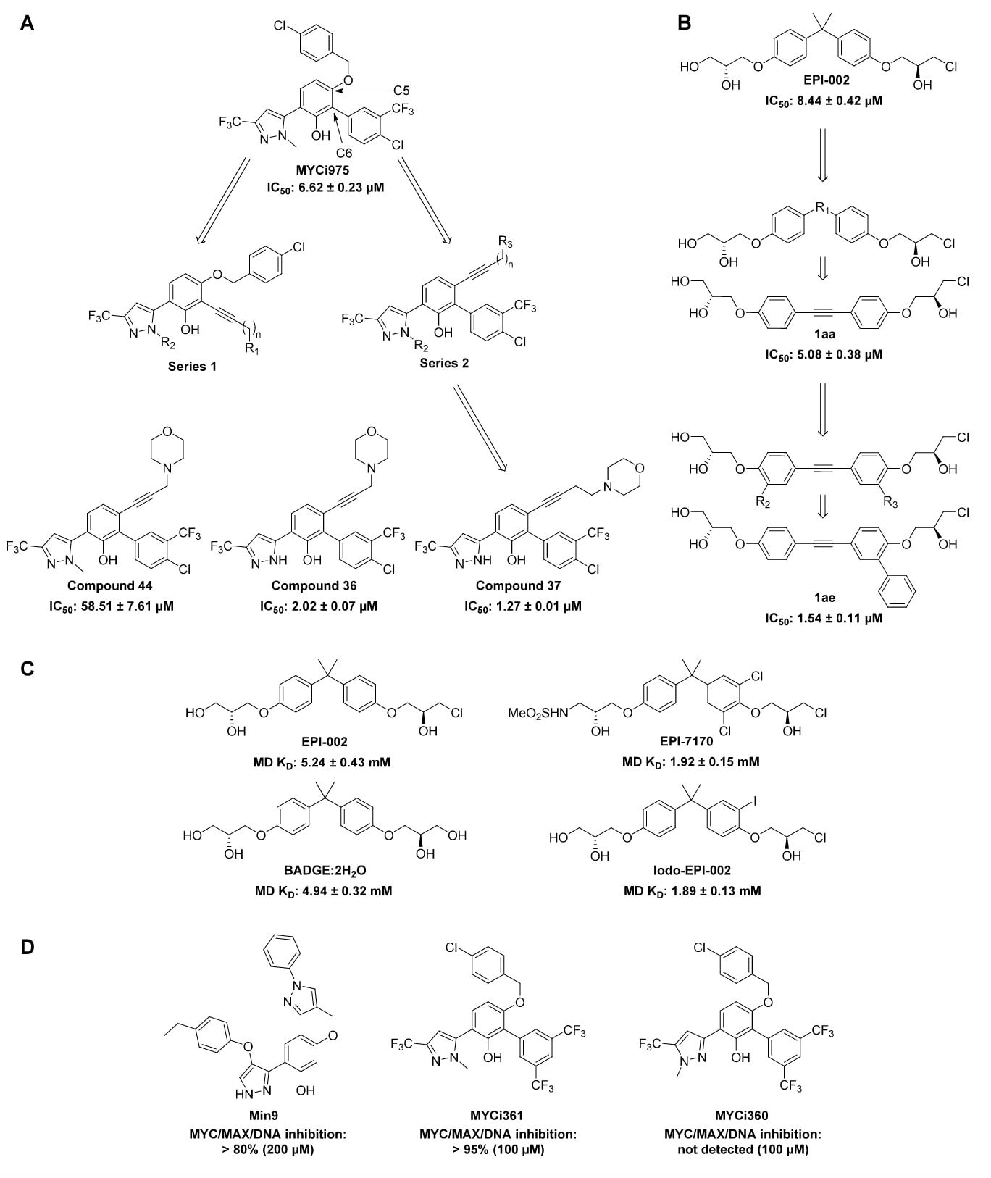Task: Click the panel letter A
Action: [27, 24]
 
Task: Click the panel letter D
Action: [27, 947]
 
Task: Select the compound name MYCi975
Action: [322, 171]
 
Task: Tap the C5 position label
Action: [401, 91]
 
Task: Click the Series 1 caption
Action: [192, 367]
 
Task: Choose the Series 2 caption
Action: [444, 363]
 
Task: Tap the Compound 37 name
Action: [518, 585]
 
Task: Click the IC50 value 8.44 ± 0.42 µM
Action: [824, 101]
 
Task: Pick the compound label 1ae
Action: [824, 598]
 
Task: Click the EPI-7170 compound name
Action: [686, 741]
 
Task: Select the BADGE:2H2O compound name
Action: [324, 870]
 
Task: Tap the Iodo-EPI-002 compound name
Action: [687, 870]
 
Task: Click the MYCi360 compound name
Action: [742, 1116]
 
